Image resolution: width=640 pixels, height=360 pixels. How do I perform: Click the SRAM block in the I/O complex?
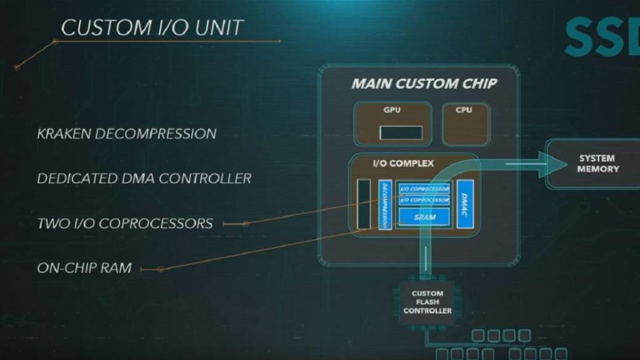424,217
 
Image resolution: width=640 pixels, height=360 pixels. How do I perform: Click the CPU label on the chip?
464,111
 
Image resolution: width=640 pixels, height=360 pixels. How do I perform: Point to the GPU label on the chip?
392,111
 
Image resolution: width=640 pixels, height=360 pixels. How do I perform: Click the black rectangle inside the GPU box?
401,132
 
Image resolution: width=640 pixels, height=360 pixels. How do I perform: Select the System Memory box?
597,164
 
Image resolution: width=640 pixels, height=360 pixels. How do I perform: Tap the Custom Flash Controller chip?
427,302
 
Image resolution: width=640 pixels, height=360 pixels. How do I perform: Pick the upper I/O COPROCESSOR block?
424,189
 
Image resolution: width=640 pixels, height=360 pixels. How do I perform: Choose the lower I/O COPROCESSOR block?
424,200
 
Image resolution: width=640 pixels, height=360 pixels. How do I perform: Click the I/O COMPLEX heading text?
402,164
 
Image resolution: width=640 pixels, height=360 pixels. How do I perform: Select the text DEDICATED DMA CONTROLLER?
144,179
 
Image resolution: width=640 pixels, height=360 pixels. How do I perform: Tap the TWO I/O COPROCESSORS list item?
124,223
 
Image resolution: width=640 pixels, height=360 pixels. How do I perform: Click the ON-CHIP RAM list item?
84,268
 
